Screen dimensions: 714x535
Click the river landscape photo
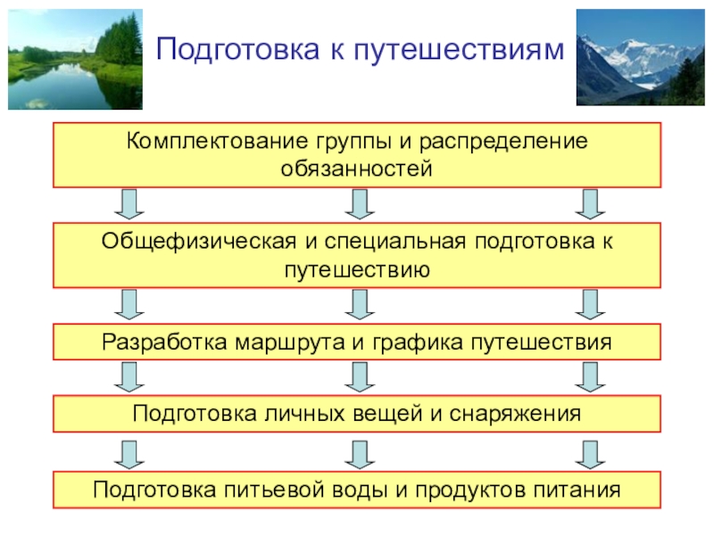click(75, 59)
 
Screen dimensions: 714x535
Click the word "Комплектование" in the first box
click(213, 143)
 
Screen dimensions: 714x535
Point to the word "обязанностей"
click(357, 168)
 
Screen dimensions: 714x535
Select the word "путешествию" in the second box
click(358, 267)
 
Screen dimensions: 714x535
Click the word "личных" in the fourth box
click(288, 415)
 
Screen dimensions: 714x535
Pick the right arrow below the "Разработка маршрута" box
click(587, 378)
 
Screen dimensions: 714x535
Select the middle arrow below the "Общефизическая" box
click(359, 304)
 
